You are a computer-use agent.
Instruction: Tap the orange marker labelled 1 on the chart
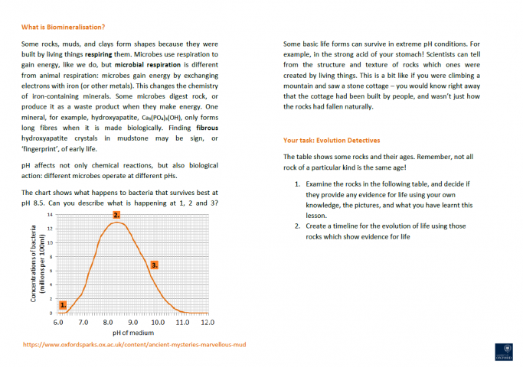coord(63,304)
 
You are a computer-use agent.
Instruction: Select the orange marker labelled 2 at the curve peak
coord(116,216)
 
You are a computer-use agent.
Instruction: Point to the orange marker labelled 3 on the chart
coord(155,265)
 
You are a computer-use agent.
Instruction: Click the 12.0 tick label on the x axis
coord(208,323)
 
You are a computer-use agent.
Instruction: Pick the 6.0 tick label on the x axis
coord(58,323)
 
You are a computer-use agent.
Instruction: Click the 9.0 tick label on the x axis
coord(133,323)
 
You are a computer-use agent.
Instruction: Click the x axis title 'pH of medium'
coord(132,333)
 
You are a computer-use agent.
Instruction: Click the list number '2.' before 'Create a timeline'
coord(299,226)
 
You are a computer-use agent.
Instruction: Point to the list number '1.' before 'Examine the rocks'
coord(299,185)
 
